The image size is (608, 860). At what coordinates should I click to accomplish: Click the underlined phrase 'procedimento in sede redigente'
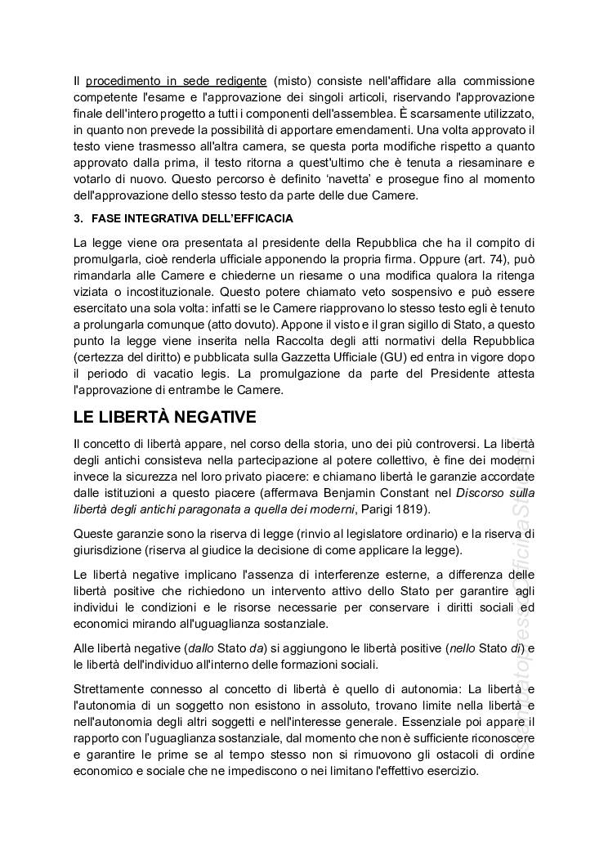(x=176, y=81)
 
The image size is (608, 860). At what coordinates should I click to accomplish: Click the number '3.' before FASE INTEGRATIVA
(x=78, y=219)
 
